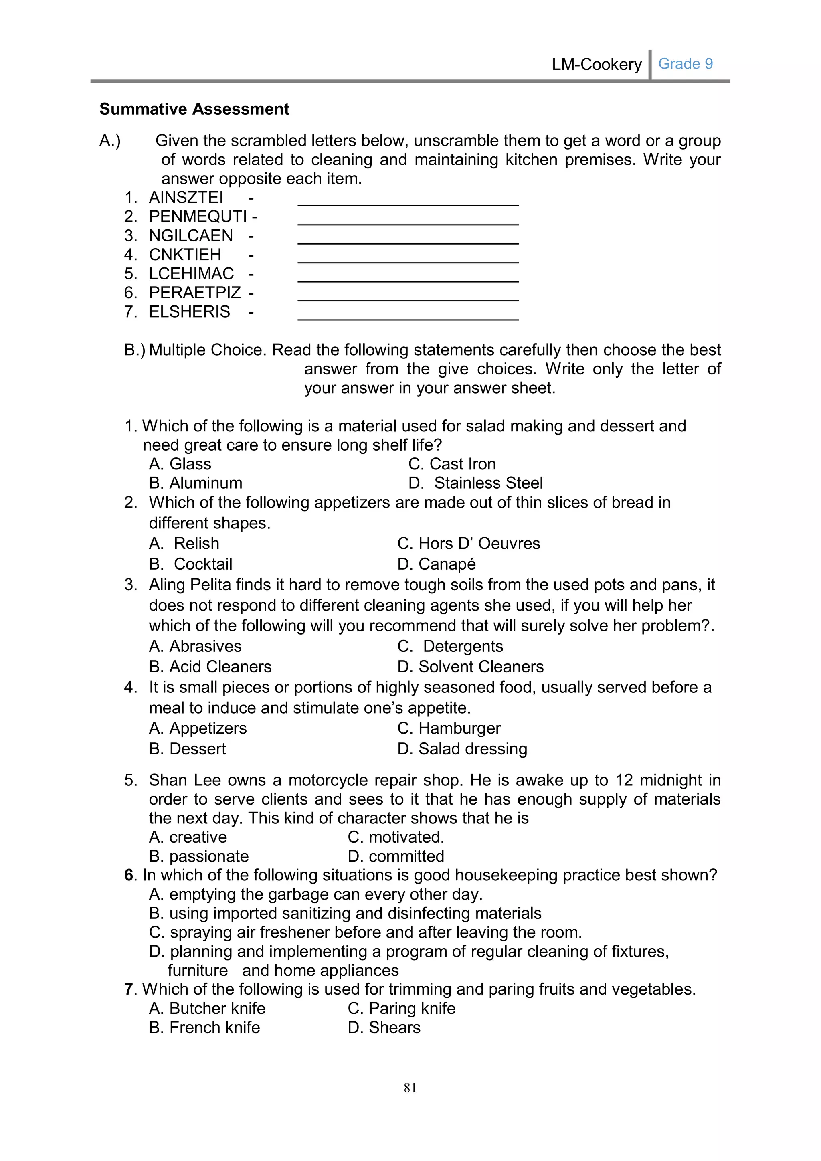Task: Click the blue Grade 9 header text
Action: [685, 64]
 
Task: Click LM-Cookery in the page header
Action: [597, 64]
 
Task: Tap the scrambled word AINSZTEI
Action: [186, 198]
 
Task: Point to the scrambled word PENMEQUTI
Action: [198, 217]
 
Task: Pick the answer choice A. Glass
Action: [180, 464]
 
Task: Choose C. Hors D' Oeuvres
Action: [469, 544]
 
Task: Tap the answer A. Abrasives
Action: [195, 646]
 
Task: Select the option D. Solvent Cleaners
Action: [470, 667]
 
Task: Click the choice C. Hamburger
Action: [449, 729]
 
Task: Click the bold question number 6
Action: [129, 875]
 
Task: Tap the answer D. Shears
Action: [384, 1028]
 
